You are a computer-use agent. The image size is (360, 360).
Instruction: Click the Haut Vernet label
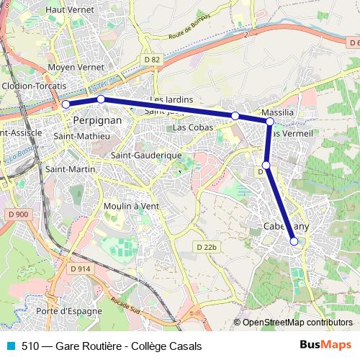[x=71, y=10]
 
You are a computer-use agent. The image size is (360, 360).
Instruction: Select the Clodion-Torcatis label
[x=35, y=85]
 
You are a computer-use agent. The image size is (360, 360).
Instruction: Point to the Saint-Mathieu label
[x=82, y=135]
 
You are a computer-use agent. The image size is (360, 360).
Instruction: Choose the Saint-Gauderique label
[x=146, y=155]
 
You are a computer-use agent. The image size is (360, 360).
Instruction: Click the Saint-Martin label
[x=66, y=169]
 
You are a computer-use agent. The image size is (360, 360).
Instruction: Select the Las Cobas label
[x=192, y=127]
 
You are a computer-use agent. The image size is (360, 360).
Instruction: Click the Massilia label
[x=278, y=114]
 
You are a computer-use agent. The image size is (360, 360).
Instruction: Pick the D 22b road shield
[x=206, y=247]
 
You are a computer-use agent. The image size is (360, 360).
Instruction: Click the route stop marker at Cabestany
[x=294, y=242]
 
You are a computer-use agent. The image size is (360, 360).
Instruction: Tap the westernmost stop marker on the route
[x=66, y=104]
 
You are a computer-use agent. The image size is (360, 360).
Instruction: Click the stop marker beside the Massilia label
[x=269, y=122]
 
